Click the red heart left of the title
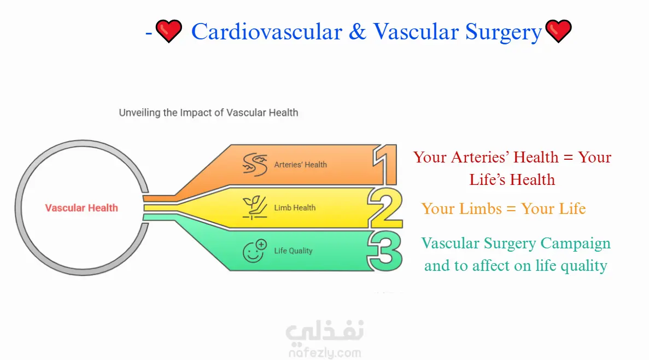pos(169,31)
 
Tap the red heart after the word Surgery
pos(558,31)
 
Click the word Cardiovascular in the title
pos(267,32)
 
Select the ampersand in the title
pos(357,32)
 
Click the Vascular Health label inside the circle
pos(81,207)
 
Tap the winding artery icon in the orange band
pos(255,165)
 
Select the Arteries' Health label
pos(301,165)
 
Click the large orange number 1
pos(385,165)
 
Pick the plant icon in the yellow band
pos(255,207)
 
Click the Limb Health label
pos(295,207)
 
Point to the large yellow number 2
pos(385,208)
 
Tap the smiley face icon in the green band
pos(255,251)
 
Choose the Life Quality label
pos(293,251)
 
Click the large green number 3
pos(384,251)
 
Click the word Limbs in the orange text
pos(479,208)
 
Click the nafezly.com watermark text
pos(325,353)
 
